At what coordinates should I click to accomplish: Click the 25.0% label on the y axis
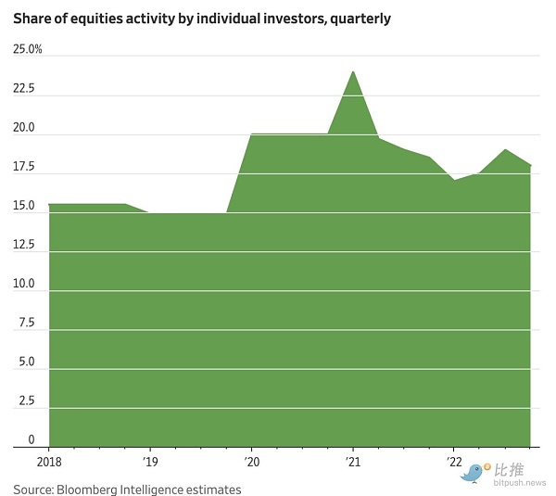point(28,49)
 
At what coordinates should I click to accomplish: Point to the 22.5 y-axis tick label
point(24,89)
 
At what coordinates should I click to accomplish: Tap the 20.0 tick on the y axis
point(24,128)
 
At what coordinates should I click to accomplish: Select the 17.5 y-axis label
point(24,167)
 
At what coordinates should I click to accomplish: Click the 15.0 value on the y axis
point(24,206)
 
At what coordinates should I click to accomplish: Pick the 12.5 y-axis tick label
point(24,245)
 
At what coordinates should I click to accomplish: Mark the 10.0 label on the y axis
point(24,284)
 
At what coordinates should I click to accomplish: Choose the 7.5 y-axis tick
point(26,323)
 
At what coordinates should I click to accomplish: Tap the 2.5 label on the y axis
point(26,401)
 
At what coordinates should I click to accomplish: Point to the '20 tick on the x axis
point(251,461)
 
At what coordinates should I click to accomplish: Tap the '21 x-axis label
point(352,461)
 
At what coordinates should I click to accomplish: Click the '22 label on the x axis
point(453,461)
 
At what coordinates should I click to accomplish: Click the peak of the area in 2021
point(352,72)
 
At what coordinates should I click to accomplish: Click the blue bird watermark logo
point(474,474)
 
